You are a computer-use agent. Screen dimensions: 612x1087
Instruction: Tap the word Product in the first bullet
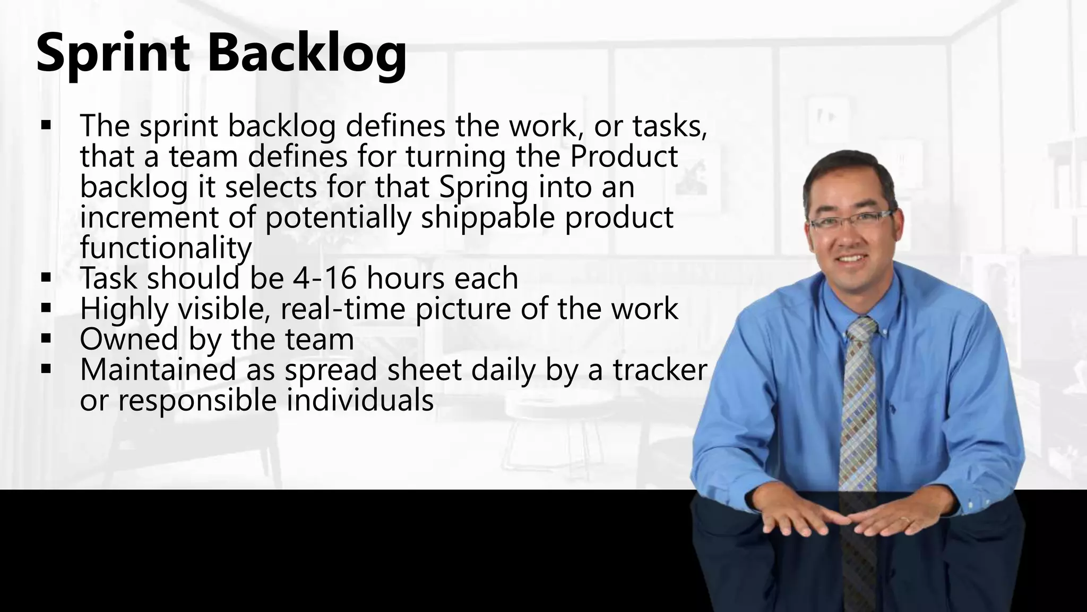coord(624,157)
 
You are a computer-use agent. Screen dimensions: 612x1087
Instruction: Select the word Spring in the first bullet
coord(483,187)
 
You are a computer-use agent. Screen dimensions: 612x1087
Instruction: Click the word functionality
coord(166,248)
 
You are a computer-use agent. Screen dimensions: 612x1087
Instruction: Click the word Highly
coord(124,309)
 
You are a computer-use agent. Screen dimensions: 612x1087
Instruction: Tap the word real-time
coord(345,309)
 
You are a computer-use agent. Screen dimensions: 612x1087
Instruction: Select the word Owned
coord(129,339)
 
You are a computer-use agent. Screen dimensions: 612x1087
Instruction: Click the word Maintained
coord(158,370)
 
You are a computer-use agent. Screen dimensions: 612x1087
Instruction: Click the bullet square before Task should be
coord(46,277)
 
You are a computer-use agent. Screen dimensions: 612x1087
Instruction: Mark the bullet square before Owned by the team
coord(46,338)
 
